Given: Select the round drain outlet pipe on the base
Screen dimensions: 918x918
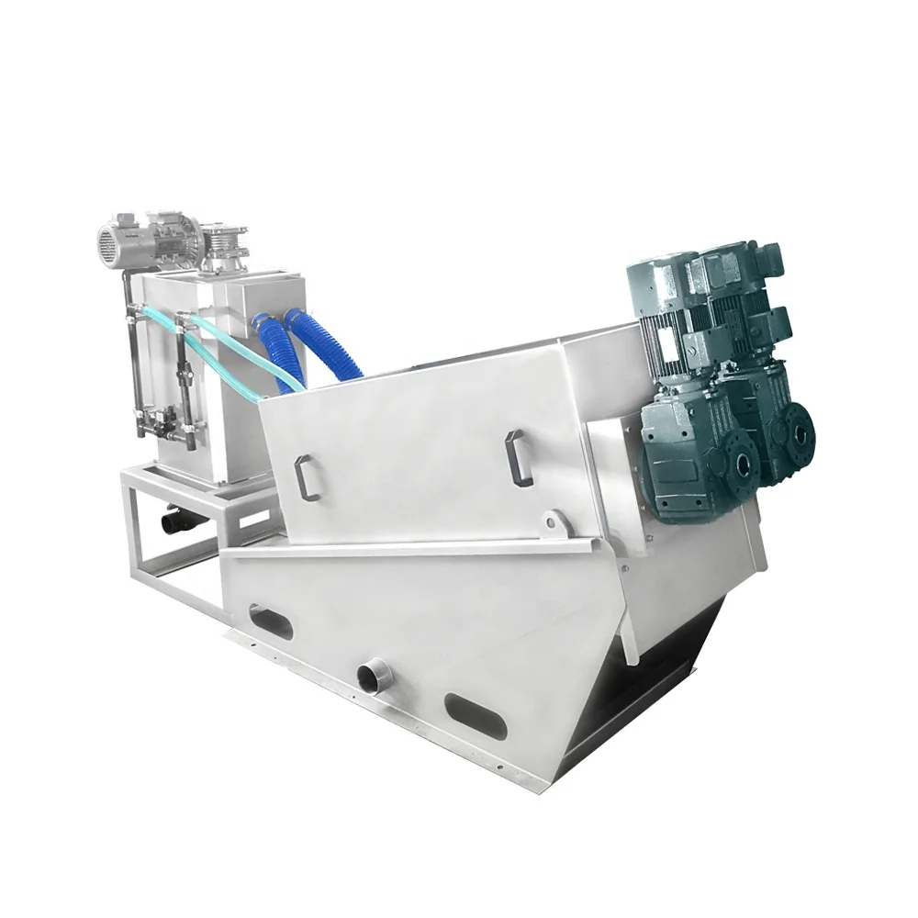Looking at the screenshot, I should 375,678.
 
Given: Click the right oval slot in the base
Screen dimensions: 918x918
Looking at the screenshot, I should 475,716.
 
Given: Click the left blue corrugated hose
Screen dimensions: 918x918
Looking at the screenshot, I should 274,353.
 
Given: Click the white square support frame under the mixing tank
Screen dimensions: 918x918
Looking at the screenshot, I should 174,532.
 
